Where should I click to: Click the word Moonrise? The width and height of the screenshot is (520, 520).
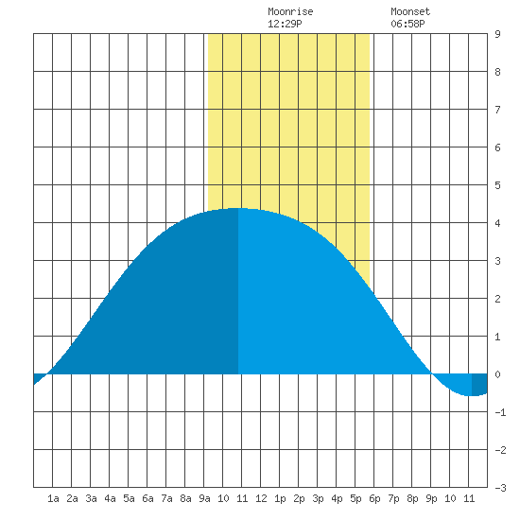click(290, 11)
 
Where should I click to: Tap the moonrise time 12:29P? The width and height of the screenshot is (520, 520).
click(285, 24)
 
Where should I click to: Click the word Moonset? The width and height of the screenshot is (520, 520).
click(410, 11)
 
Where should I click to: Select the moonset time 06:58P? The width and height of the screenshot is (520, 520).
click(407, 24)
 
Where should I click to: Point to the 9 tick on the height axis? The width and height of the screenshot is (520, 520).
click(497, 34)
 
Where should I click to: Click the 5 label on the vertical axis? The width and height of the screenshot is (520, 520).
click(497, 185)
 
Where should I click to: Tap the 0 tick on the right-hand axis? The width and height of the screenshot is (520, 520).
click(497, 374)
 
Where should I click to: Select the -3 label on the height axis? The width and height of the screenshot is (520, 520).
click(500, 488)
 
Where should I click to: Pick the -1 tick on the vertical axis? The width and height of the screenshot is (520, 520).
click(500, 412)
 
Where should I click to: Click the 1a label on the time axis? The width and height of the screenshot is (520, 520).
click(53, 498)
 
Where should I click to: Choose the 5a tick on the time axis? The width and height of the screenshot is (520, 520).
click(129, 498)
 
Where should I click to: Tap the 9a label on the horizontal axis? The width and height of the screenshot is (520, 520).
click(204, 498)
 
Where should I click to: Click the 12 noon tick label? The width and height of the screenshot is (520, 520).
click(261, 498)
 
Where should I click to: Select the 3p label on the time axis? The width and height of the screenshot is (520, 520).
click(318, 498)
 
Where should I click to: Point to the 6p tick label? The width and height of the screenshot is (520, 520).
click(374, 498)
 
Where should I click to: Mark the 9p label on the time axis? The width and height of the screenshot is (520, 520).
click(431, 498)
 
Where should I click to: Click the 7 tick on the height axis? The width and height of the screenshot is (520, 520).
click(497, 110)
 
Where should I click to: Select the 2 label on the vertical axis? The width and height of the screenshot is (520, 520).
click(497, 299)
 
